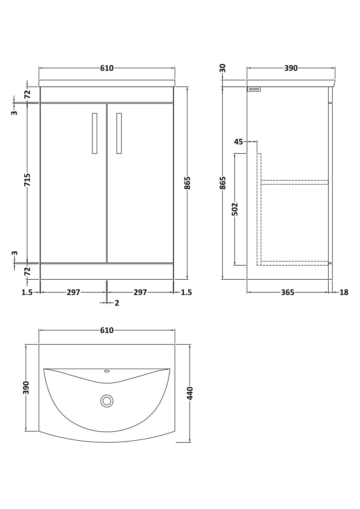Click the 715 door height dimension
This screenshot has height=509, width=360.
[27, 180]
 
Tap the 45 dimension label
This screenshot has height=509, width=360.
[238, 142]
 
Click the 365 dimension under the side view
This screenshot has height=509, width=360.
[288, 292]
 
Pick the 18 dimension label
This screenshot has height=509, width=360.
[344, 292]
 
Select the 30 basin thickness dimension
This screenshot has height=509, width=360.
[223, 68]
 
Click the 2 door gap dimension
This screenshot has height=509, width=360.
[117, 303]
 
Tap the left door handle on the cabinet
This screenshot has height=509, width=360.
[95, 133]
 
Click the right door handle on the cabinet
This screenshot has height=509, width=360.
[119, 133]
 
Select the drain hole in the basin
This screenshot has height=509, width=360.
[107, 401]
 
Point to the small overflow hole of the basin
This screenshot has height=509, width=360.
[107, 371]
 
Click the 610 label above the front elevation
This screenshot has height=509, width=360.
[107, 68]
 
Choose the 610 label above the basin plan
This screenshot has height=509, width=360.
[107, 330]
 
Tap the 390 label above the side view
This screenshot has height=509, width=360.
[291, 68]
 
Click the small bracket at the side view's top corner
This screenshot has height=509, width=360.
[254, 89]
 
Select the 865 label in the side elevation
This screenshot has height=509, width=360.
[223, 183]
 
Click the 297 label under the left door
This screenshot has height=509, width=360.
[73, 292]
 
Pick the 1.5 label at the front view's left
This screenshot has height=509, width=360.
[27, 292]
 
